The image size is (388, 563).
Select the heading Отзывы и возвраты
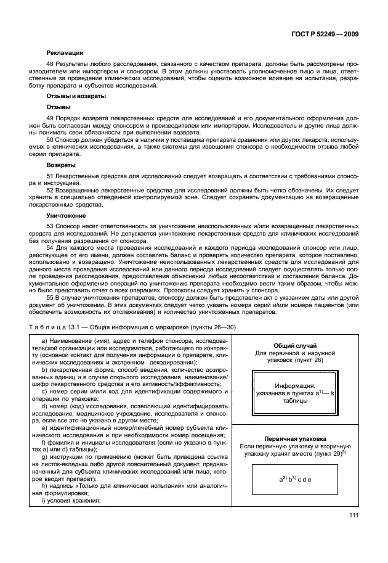coord(76,96)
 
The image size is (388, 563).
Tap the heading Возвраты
coord(61,166)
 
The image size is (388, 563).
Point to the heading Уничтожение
coord(66,216)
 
